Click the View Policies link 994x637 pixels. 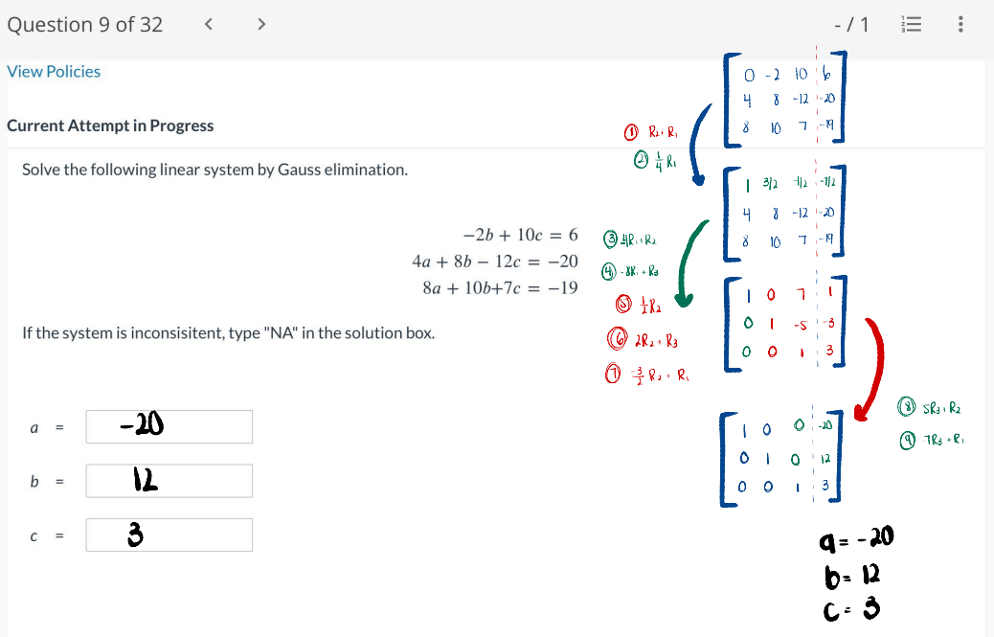point(54,72)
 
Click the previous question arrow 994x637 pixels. point(208,25)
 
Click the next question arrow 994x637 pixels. point(260,25)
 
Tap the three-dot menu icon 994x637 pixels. point(960,25)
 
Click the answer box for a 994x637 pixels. point(169,426)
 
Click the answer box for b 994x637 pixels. point(169,481)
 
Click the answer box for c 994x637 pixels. point(169,535)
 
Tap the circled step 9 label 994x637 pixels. point(906,441)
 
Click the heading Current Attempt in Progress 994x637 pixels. point(110,125)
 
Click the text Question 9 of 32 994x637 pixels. point(85,25)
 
